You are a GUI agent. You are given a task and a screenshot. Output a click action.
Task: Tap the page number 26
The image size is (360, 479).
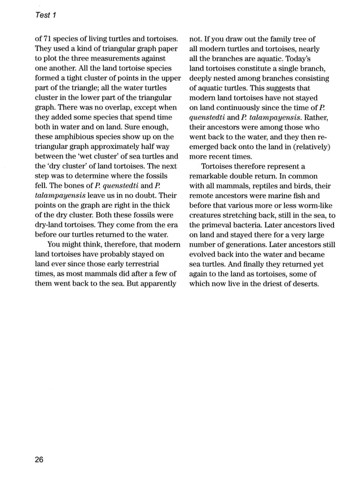pyautogui.click(x=39, y=459)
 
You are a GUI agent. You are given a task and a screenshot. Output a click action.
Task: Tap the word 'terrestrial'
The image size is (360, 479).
pyautogui.click(x=154, y=264)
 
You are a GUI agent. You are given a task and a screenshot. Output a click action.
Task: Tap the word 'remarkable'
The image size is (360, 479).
pyautogui.click(x=214, y=176)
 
